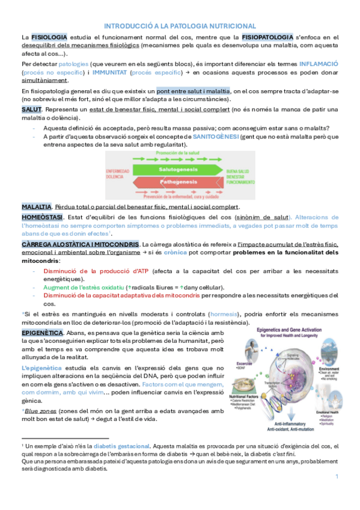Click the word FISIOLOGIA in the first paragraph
pyautogui.click(x=49, y=37)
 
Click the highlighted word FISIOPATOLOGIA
pyautogui.click(x=267, y=37)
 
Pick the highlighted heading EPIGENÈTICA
pyautogui.click(x=42, y=332)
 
